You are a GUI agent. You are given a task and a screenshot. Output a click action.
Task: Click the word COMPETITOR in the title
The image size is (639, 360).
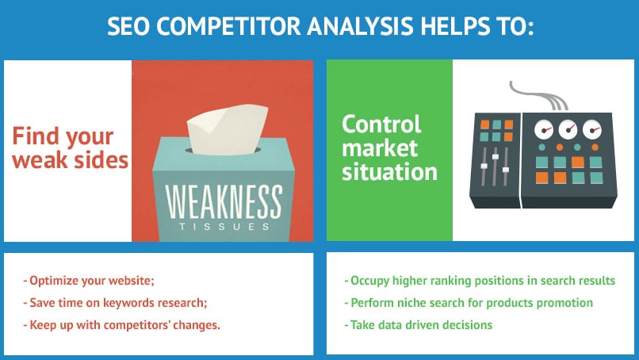coord(228,27)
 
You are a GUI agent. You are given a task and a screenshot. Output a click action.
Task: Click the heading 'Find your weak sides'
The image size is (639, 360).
coord(70,147)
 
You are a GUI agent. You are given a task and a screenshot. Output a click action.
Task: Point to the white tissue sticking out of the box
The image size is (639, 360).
coord(227,129)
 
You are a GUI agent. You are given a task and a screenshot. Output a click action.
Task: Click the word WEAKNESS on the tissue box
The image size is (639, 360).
coord(224,202)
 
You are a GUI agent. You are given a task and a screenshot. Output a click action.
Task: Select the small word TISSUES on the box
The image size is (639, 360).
coord(224,227)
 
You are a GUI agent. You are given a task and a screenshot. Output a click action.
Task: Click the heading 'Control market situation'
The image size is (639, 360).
coord(389,147)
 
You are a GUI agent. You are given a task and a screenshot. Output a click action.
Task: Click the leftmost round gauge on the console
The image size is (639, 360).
coord(544,129)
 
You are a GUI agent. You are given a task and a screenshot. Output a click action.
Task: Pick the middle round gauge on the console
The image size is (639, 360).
coord(568,129)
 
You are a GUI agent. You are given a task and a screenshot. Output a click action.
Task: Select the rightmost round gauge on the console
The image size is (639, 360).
coord(591,129)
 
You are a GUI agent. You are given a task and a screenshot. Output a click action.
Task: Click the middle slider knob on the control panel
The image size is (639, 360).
coord(496,156)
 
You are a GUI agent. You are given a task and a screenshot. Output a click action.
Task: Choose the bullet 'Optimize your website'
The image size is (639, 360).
coord(89,281)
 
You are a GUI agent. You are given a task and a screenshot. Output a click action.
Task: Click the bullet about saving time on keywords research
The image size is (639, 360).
coord(115,303)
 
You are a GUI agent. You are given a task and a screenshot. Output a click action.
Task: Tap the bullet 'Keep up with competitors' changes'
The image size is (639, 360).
coord(121,325)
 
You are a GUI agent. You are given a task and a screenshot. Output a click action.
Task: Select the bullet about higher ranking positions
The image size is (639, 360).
coord(480,281)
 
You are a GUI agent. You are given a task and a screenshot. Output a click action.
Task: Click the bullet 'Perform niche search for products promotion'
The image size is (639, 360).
coord(469,303)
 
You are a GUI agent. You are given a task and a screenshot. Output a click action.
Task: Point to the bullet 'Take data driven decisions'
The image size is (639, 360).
coord(418,325)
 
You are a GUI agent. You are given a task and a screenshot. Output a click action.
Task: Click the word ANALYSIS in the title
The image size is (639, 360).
coord(360,27)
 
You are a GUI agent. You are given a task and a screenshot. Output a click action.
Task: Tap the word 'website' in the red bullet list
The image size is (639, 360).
coord(132,281)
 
